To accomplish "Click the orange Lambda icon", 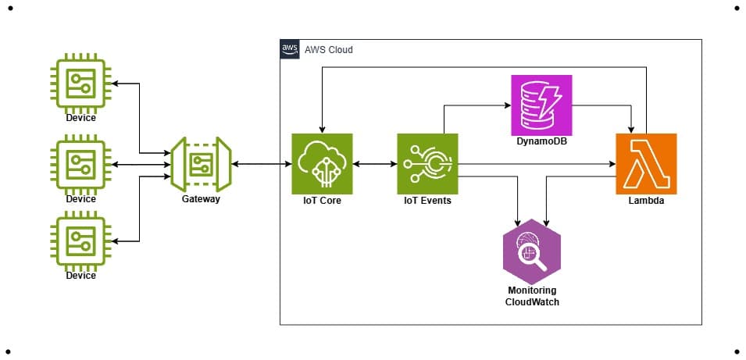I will [646, 164].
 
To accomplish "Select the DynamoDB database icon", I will [541, 105].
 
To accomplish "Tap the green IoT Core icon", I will [322, 164].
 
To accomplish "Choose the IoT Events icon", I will [427, 164].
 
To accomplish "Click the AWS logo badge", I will [289, 49].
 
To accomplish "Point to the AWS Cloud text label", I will [329, 50].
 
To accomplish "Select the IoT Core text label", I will [322, 201].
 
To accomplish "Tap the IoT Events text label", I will [427, 201].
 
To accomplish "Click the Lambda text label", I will [646, 201].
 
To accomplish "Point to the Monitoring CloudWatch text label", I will [531, 295].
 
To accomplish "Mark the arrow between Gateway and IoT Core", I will [261, 164].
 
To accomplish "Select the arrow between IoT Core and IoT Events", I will [375, 164].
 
